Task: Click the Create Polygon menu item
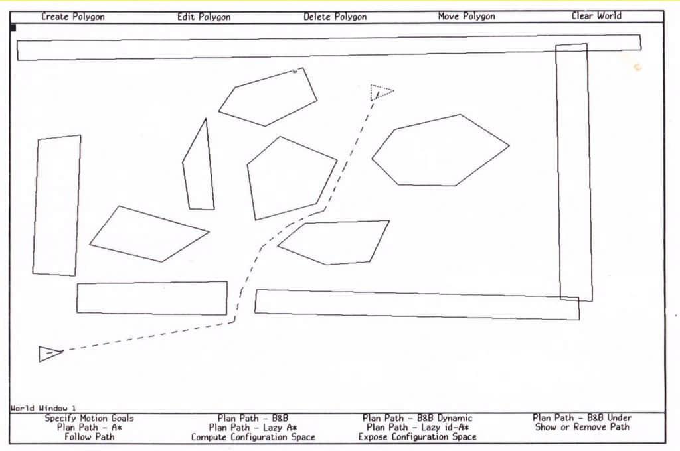pyautogui.click(x=73, y=17)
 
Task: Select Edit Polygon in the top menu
pyautogui.click(x=204, y=17)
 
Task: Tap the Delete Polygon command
pyautogui.click(x=335, y=17)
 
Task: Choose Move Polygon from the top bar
pyautogui.click(x=466, y=17)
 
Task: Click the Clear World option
pyautogui.click(x=596, y=16)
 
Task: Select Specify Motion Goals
pyautogui.click(x=90, y=418)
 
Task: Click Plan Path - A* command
pyautogui.click(x=90, y=428)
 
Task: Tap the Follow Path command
pyautogui.click(x=90, y=437)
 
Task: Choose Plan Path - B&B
pyautogui.click(x=253, y=418)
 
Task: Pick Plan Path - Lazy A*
pyautogui.click(x=253, y=428)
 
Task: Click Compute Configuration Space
pyautogui.click(x=253, y=437)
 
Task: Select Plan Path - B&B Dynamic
pyautogui.click(x=417, y=418)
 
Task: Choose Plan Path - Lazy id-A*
pyautogui.click(x=417, y=428)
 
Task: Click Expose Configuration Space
pyautogui.click(x=417, y=437)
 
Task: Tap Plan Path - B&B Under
pyautogui.click(x=582, y=418)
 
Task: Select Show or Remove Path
pyautogui.click(x=582, y=427)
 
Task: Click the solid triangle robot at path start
pyautogui.click(x=48, y=354)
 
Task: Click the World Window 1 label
pyautogui.click(x=43, y=408)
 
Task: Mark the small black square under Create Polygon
pyautogui.click(x=13, y=28)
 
